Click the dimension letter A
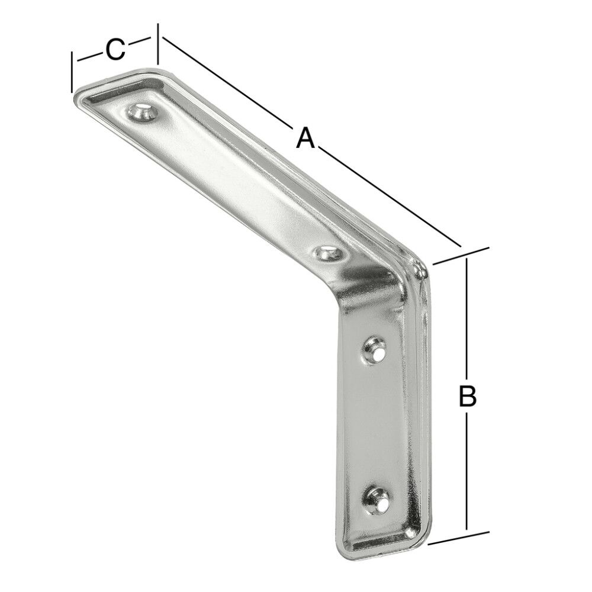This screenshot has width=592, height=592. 304,139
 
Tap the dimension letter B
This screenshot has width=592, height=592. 468,396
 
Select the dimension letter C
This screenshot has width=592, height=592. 115,49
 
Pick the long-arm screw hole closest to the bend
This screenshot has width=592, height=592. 327,255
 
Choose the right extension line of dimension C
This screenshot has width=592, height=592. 158,44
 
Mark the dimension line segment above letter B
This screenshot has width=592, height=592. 468,320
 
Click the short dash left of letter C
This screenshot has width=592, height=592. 89,57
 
